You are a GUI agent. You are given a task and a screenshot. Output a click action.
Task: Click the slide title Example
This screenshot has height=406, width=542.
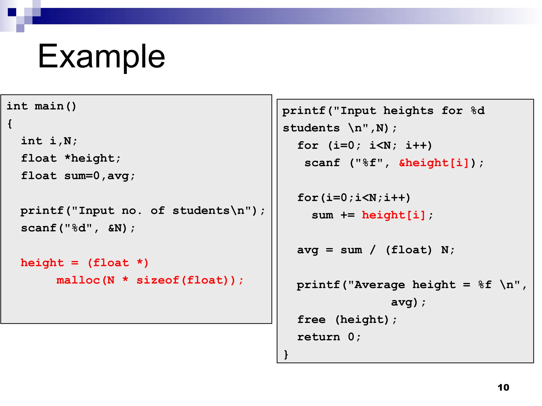pyautogui.click(x=101, y=56)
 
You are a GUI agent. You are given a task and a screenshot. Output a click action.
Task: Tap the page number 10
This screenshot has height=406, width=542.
pyautogui.click(x=503, y=387)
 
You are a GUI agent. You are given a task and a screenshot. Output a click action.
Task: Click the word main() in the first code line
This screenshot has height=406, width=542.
pyautogui.click(x=55, y=106)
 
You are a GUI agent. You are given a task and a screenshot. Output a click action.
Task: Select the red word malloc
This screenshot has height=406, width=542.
pyautogui.click(x=78, y=280)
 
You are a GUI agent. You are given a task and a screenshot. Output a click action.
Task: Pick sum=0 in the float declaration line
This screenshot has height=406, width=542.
pyautogui.click(x=82, y=176)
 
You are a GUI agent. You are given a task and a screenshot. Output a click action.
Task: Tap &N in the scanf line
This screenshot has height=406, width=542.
pyautogui.click(x=115, y=228)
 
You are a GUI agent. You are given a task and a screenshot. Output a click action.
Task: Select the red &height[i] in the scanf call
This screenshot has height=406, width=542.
pyautogui.click(x=434, y=163)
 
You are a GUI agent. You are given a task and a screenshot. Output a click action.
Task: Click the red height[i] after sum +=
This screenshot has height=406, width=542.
pyautogui.click(x=394, y=215)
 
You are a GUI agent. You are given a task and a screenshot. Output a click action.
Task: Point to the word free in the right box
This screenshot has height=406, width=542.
pyautogui.click(x=311, y=320)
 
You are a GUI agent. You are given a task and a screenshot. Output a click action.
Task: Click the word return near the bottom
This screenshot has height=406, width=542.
pyautogui.click(x=318, y=337)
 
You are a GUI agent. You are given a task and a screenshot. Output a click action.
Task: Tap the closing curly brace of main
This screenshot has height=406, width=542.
pyautogui.click(x=286, y=354)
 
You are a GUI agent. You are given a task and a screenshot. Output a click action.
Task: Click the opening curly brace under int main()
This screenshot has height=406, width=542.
pyautogui.click(x=10, y=124)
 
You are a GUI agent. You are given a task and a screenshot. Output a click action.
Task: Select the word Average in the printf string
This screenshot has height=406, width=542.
pyautogui.click(x=380, y=285)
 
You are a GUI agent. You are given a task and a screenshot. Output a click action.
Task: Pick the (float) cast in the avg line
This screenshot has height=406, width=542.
pyautogui.click(x=409, y=250)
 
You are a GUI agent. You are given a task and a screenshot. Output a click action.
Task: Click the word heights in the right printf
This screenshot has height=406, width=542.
pyautogui.click(x=408, y=111)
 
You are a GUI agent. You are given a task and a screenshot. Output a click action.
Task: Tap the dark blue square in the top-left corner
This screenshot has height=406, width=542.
pyautogui.click(x=12, y=12)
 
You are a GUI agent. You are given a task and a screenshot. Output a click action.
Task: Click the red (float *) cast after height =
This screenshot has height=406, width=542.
pyautogui.click(x=118, y=263)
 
